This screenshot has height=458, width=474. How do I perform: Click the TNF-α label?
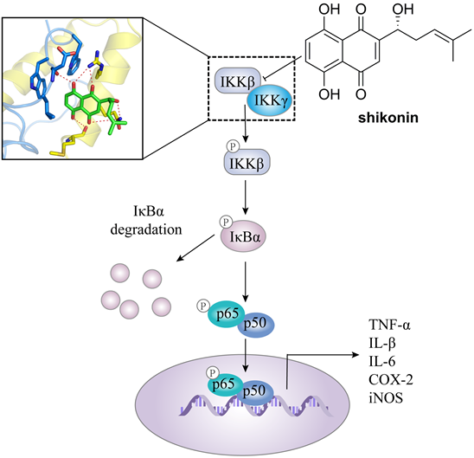392,326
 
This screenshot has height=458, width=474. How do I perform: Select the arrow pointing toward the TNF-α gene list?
346,354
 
